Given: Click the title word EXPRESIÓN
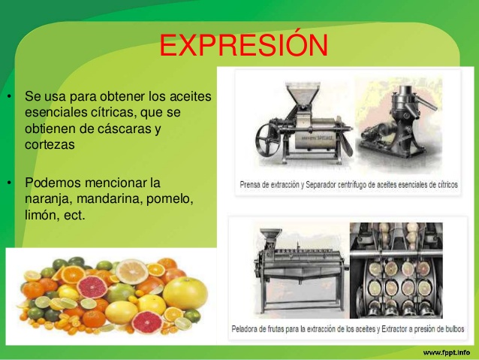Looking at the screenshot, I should (243, 46).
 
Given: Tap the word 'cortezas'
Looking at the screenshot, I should (50, 145).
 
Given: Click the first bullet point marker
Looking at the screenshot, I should (10, 98).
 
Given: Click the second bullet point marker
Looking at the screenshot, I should (10, 183).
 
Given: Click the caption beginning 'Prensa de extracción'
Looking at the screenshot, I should (349, 184).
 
